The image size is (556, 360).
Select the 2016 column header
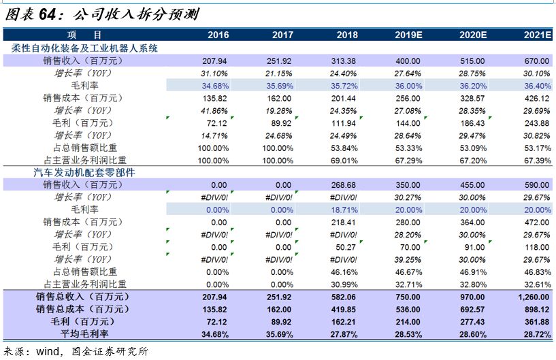218,35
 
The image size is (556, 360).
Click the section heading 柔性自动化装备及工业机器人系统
85,48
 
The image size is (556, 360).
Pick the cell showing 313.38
343,61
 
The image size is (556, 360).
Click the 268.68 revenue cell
343,185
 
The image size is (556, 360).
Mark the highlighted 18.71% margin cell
343,210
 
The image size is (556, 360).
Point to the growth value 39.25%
408,259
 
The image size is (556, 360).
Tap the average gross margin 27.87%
343,333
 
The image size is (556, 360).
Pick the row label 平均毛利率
82,333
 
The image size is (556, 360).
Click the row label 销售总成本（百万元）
82,309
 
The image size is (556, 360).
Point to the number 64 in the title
56,12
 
